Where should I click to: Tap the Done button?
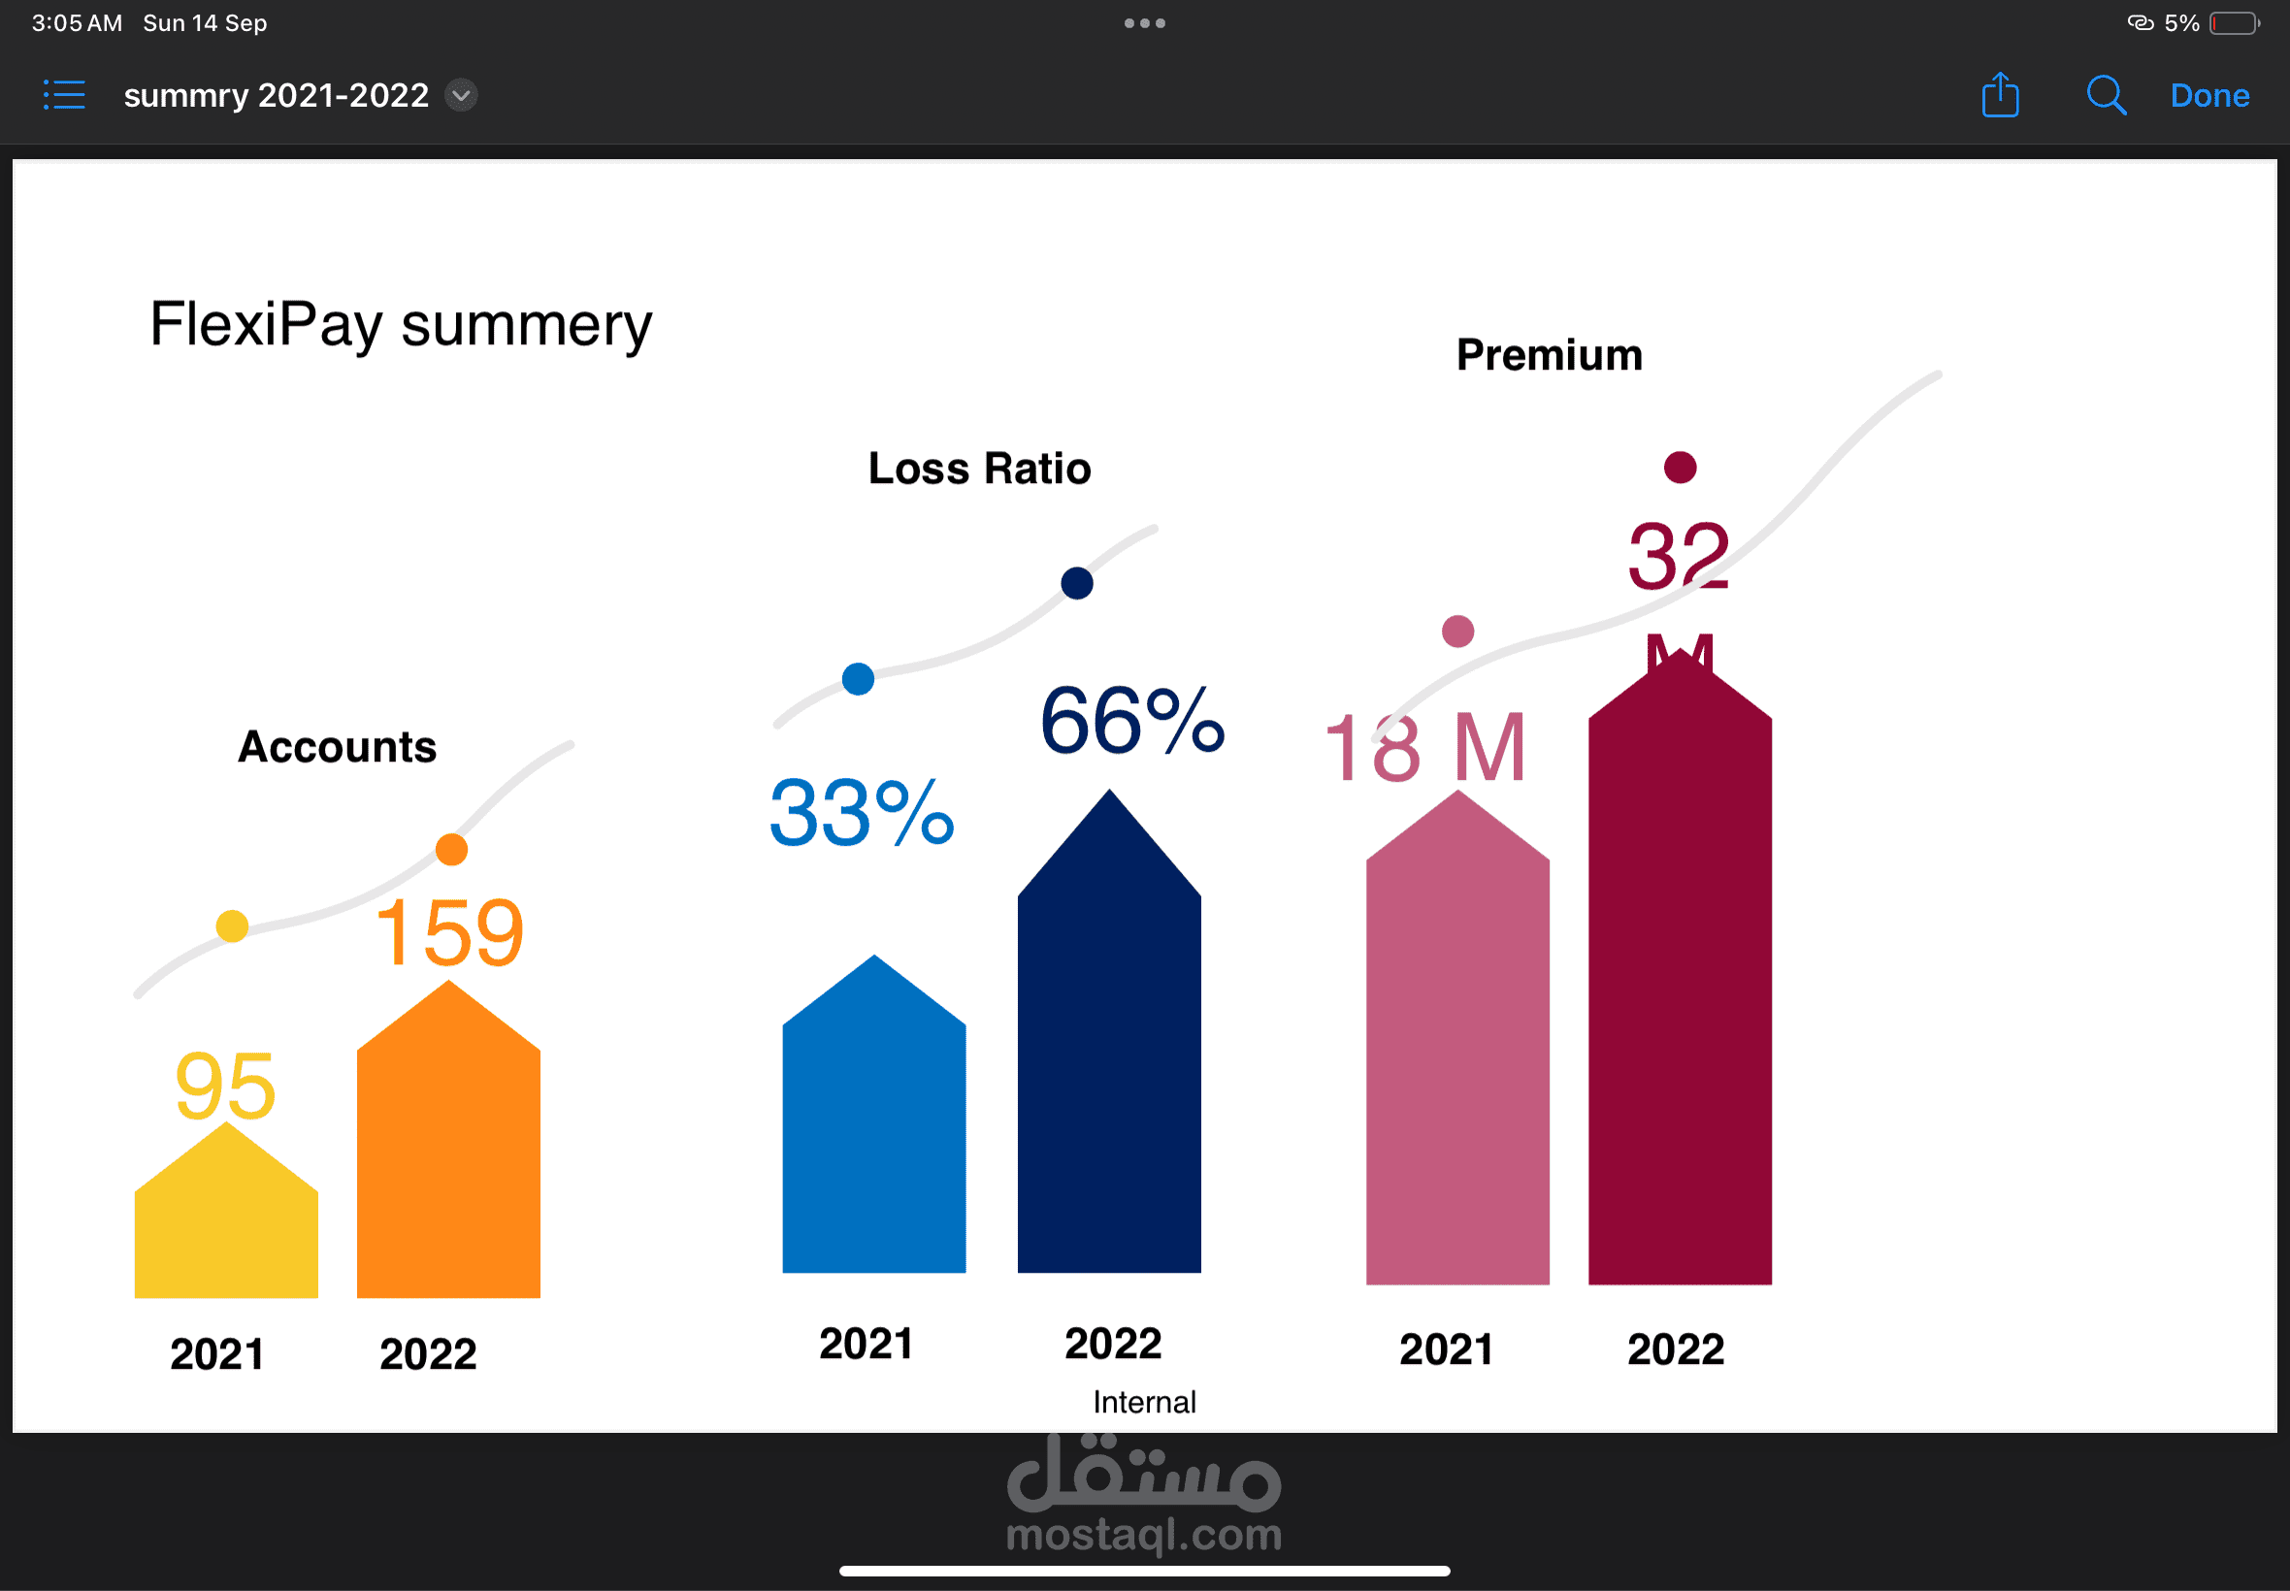[x=2209, y=96]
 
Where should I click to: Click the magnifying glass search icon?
[x=2106, y=96]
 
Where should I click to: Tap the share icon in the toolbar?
[x=2000, y=96]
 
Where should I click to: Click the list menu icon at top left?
[x=65, y=96]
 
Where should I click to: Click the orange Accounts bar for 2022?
[x=448, y=1156]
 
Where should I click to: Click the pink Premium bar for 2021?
[x=1457, y=1056]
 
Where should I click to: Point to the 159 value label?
[x=449, y=933]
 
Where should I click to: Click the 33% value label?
[x=863, y=813]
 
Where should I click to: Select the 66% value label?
[x=1132, y=721]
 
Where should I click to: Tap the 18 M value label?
[x=1424, y=748]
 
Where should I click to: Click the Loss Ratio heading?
[x=980, y=469]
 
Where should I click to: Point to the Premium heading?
[x=1550, y=355]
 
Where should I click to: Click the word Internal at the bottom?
[x=1144, y=1402]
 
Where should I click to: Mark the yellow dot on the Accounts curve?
[x=232, y=926]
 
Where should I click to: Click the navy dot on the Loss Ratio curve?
[x=1077, y=583]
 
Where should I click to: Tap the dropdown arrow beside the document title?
[x=461, y=96]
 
